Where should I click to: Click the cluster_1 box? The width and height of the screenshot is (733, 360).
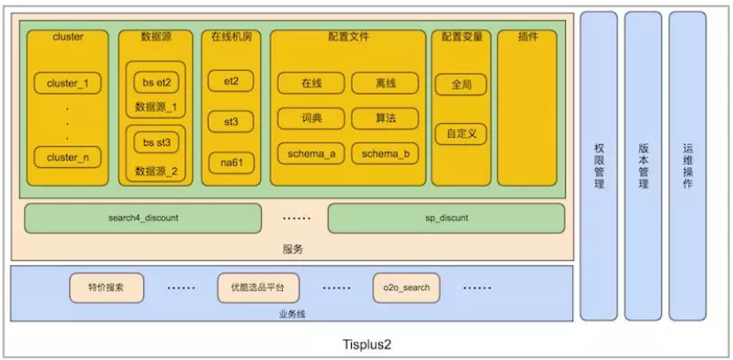click(67, 83)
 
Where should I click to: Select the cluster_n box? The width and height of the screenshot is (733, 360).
click(67, 157)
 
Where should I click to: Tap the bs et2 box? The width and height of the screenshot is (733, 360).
click(157, 82)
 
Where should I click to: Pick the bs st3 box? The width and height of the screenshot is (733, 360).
click(157, 142)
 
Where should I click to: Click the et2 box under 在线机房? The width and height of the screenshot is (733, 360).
click(231, 80)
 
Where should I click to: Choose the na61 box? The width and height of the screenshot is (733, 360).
click(231, 161)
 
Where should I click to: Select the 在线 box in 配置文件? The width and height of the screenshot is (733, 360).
click(311, 83)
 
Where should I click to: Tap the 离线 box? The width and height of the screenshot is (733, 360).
click(385, 83)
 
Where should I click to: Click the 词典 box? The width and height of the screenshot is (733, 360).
click(311, 118)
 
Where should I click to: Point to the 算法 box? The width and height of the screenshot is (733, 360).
click(385, 118)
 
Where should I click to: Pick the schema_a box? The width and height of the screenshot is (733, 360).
click(311, 153)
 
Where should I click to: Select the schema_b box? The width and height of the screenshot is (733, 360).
click(385, 153)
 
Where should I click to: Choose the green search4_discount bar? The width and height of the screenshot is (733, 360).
click(142, 218)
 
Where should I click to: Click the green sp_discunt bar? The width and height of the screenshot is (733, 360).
click(446, 218)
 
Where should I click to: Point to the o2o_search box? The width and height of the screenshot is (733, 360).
click(407, 287)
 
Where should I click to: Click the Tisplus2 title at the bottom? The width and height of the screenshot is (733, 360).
click(365, 343)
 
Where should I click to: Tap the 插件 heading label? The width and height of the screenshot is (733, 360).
click(527, 37)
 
